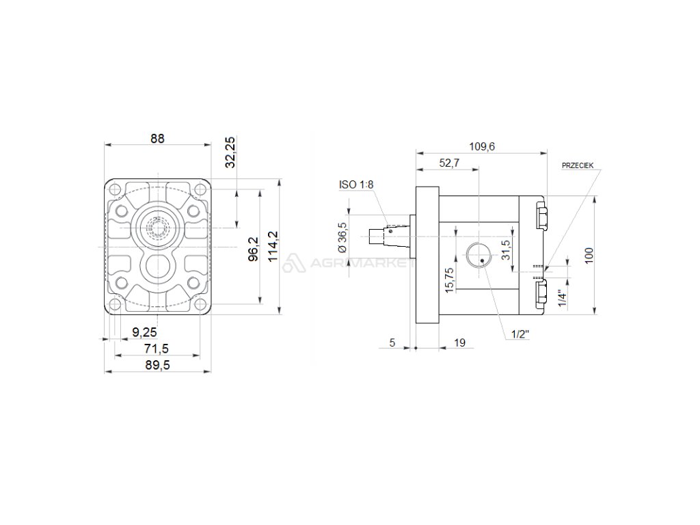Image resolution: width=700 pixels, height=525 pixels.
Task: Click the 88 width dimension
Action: pos(157,138)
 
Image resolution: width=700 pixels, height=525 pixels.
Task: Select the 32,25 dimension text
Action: pos(230,152)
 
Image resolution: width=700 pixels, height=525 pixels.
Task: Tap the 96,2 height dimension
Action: pos(253,249)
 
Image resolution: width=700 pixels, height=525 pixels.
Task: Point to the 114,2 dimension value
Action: pos(273,246)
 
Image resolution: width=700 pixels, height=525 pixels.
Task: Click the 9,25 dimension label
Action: pos(145,332)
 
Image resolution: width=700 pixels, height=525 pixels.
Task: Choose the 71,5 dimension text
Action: pos(157,349)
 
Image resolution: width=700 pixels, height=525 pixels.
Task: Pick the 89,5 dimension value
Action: pos(158,366)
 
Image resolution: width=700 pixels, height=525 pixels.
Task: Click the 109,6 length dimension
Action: pos(482,146)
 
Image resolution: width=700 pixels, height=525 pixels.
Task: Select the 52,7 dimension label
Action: pos(449,163)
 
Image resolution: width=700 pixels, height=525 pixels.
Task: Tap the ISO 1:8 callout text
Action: pos(355,185)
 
